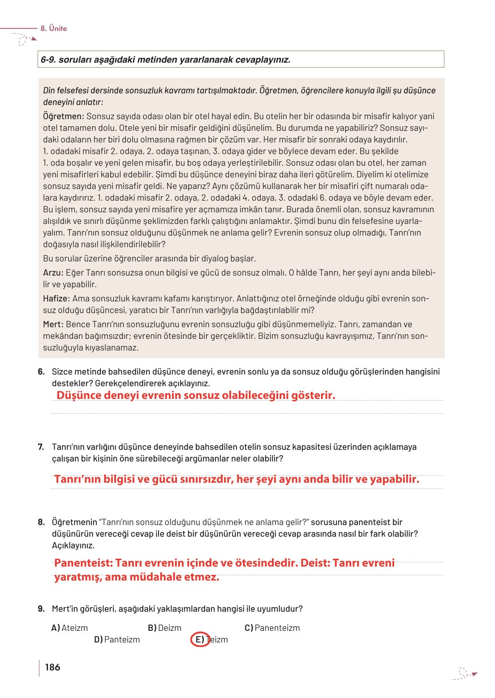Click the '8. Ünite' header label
pos(53,28)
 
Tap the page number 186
pos(52,667)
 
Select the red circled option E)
pos(200,639)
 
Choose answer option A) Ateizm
pos(70,628)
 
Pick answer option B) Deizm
pos(164,628)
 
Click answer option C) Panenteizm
pos(272,628)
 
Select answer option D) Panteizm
pos(117,639)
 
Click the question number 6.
pos(41,372)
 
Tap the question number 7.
pos(41,447)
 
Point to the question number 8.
pos(41,522)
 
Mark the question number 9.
pos(41,609)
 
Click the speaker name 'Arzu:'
pos(53,273)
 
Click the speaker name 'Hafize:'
pos(56,299)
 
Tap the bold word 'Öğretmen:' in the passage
pos(64,116)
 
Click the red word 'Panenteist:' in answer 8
pos(83,563)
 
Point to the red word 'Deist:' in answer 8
pos(315,563)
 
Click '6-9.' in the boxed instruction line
pos(48,60)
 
